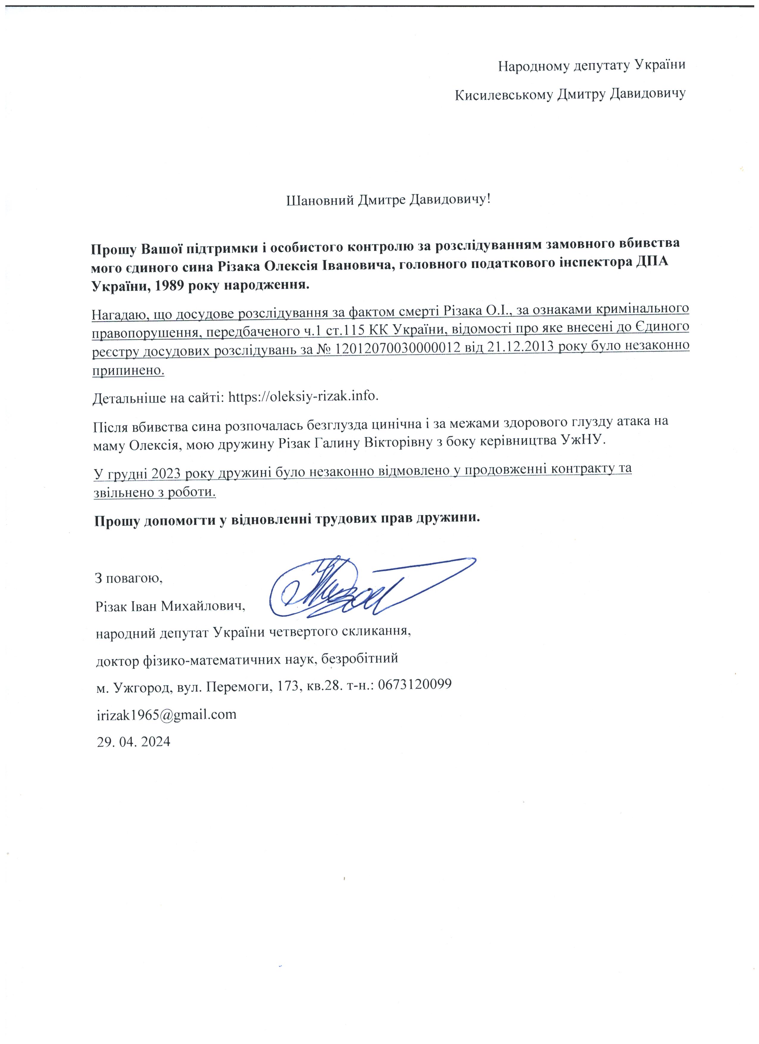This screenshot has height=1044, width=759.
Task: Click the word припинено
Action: click(x=128, y=370)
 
